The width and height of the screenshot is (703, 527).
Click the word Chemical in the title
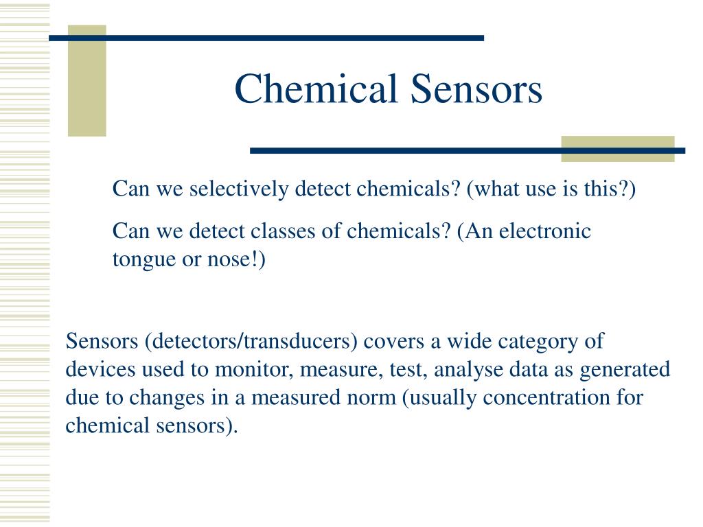[316, 89]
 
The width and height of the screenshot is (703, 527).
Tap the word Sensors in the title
[476, 89]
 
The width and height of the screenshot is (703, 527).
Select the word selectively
[239, 189]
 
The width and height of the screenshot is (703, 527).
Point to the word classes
[283, 231]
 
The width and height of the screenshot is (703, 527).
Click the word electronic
[544, 231]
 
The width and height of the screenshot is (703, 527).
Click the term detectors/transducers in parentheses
[251, 342]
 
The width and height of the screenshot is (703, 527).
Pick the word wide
[469, 342]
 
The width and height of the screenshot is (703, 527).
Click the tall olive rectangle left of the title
[87, 81]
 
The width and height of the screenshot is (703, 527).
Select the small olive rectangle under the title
[618, 149]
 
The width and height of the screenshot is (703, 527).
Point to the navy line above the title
[266, 38]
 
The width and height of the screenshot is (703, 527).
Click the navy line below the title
[468, 151]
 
